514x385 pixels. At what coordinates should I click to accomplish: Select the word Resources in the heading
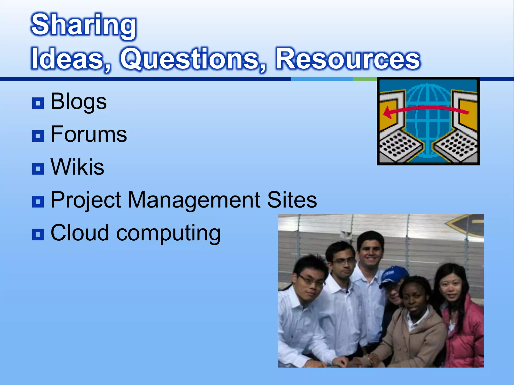[348, 59]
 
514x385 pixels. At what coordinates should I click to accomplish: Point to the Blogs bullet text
[79, 102]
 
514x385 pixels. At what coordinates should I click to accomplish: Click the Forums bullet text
[89, 134]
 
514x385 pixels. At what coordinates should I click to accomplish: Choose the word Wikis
[77, 167]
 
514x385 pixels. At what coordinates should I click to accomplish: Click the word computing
[168, 234]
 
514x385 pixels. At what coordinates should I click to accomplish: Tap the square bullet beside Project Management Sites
[38, 202]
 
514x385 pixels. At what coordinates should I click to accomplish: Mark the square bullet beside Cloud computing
[38, 235]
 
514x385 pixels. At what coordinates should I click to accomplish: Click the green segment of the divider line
[364, 79]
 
